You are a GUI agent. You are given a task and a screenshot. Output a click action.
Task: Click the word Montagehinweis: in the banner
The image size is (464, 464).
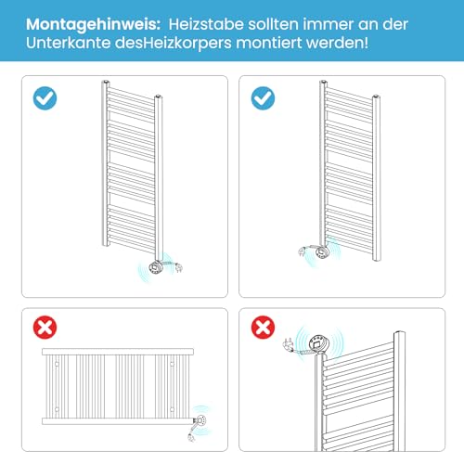click(x=93, y=25)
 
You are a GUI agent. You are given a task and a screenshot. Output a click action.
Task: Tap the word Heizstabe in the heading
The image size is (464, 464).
click(x=206, y=24)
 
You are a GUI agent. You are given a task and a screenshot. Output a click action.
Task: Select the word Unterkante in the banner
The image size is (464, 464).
click(x=68, y=43)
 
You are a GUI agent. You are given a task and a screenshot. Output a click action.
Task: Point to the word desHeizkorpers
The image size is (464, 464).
click(x=174, y=43)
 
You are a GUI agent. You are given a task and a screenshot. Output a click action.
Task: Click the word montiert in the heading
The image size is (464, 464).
click(x=269, y=43)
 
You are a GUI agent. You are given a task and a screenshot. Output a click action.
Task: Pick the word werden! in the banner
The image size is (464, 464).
click(x=337, y=43)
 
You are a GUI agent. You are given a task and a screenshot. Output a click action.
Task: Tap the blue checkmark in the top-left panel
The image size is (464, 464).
click(x=45, y=98)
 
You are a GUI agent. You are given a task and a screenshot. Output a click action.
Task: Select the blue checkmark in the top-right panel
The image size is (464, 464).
click(x=263, y=98)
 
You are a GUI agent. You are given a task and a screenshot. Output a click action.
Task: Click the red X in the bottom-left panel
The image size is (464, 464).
click(x=45, y=328)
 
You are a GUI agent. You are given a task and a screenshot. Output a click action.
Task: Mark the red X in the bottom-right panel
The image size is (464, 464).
click(x=263, y=328)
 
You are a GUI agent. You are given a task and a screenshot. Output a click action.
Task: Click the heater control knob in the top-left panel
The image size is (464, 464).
click(x=155, y=267)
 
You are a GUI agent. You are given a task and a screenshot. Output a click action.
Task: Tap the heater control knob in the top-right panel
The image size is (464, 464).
click(x=322, y=251)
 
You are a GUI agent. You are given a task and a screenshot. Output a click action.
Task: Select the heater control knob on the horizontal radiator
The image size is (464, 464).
click(x=200, y=421)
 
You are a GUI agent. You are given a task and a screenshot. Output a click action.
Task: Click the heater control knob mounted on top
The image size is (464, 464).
click(x=319, y=343)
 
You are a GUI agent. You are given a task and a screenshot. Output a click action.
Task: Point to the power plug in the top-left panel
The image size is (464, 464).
click(x=178, y=267)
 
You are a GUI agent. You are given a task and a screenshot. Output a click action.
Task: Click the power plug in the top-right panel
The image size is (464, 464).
click(x=302, y=251)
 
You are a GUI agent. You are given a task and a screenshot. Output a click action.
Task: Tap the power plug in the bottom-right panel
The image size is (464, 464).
click(x=288, y=344)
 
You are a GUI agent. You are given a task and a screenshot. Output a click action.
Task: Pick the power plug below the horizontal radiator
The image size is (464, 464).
click(x=191, y=438)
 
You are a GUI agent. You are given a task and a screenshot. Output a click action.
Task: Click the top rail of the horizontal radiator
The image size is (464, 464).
click(x=118, y=352)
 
